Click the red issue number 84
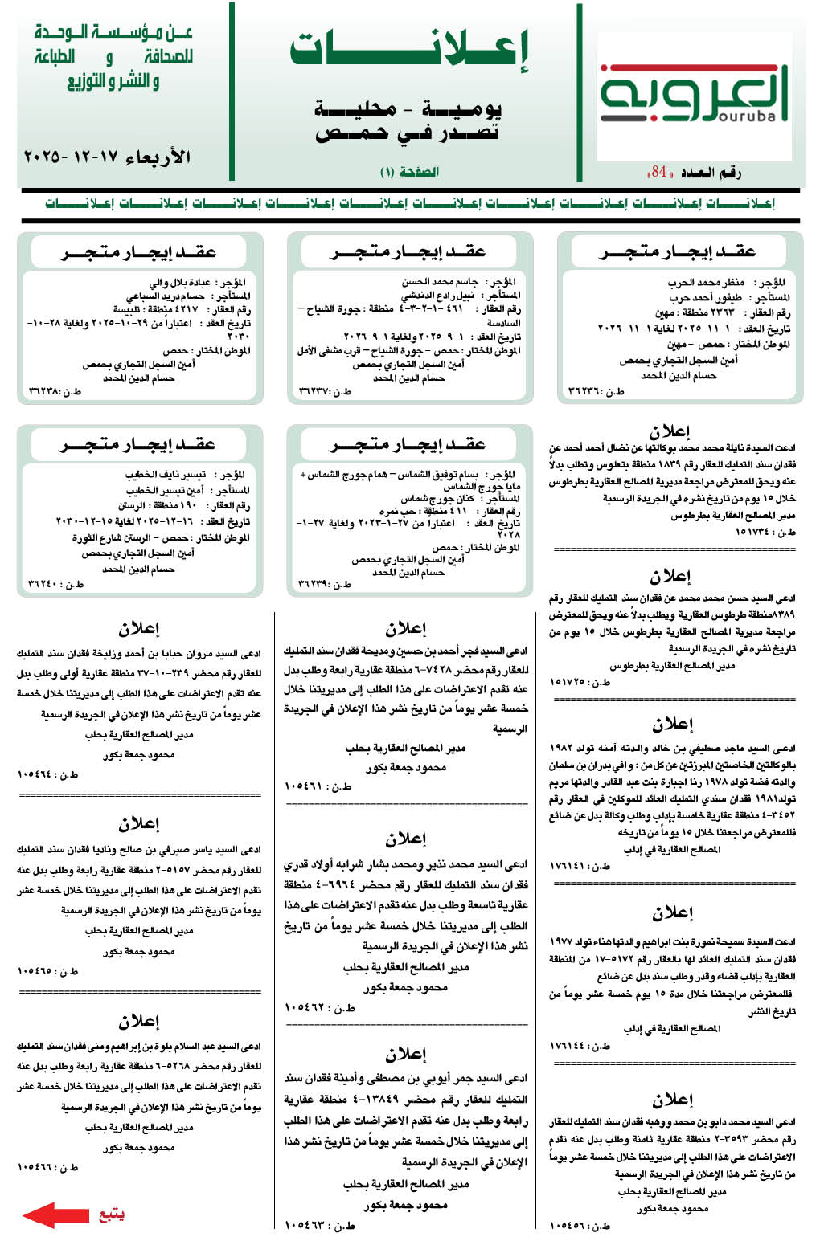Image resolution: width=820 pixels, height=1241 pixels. click(x=659, y=172)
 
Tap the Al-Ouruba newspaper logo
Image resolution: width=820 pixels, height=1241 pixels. click(x=694, y=94)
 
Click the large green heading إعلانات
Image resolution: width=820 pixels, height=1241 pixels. click(x=409, y=51)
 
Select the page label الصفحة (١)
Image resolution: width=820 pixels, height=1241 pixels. click(x=409, y=172)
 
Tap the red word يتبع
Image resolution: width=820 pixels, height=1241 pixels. click(x=112, y=1214)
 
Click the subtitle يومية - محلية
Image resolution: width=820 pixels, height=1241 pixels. click(x=409, y=108)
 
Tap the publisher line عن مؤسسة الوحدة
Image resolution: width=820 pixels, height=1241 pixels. click(x=113, y=33)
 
